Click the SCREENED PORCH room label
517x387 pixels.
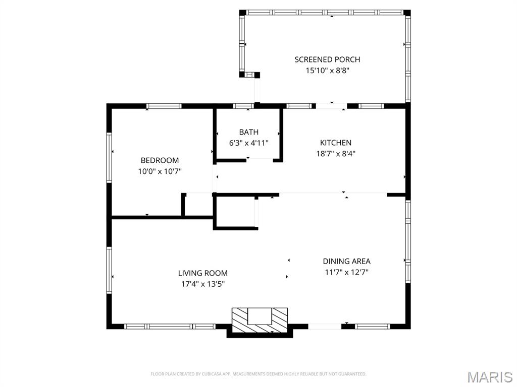point(327,59)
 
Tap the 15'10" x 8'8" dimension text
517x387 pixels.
point(327,71)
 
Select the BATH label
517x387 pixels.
point(248,133)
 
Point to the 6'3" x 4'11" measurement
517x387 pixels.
point(248,143)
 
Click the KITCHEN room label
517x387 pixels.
point(336,143)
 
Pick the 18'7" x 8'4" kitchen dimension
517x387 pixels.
point(336,154)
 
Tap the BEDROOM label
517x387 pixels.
point(160,161)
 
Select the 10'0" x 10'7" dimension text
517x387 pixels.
point(160,171)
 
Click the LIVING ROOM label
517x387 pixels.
point(203,273)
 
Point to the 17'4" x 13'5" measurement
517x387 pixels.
point(203,284)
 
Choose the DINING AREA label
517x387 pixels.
point(346,262)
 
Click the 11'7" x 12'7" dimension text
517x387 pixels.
point(346,272)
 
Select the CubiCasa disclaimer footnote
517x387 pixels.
point(258,374)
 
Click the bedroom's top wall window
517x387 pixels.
point(164,106)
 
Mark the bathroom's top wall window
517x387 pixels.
point(243,106)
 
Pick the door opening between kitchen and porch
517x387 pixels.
point(331,106)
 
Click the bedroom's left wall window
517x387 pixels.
point(109,157)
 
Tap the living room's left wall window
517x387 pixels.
point(109,270)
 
